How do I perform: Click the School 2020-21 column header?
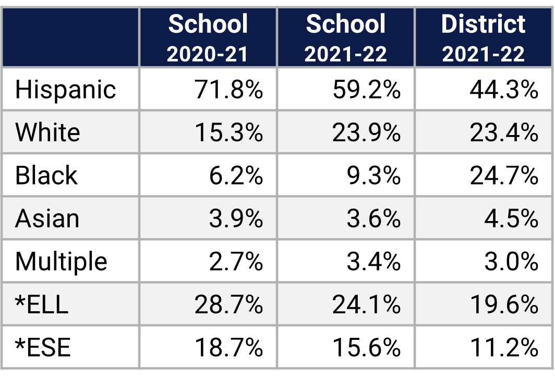208,38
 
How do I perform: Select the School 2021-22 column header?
346,38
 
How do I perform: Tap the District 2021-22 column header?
484,38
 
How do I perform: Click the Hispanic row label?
65,90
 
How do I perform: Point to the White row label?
47,132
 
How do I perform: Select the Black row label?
46,175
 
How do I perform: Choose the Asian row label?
47,218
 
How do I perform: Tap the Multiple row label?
61,261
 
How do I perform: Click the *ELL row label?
42,304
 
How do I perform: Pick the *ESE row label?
43,347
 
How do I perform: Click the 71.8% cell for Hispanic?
228,90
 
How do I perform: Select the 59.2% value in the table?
366,90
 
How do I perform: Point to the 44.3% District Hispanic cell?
504,90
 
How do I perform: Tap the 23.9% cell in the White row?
366,132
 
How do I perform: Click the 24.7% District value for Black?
504,175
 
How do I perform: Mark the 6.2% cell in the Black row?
236,175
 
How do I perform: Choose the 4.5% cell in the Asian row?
511,218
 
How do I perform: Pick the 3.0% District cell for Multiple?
511,261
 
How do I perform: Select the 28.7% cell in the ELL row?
228,304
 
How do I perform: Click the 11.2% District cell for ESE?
504,347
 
